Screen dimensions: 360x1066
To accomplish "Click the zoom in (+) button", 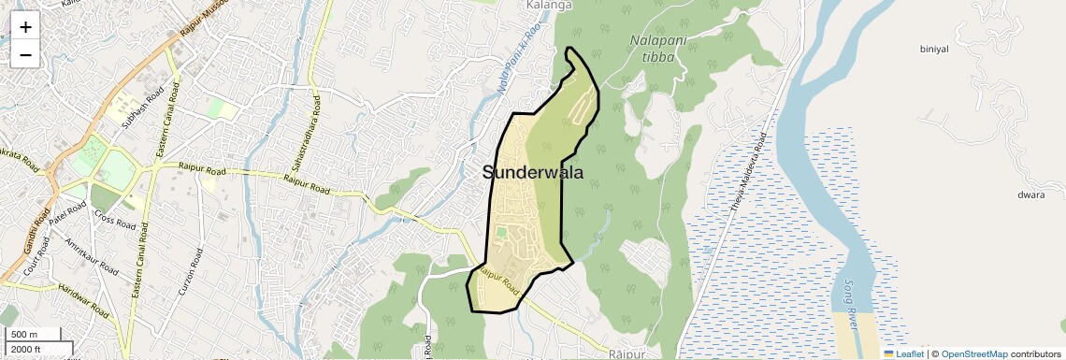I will point(25,27).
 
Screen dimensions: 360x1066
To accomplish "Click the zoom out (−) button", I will point(25,54).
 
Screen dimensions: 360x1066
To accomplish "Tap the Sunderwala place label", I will point(533,173).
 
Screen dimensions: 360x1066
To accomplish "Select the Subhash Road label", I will point(141,111).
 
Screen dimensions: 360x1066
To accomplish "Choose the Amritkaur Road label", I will point(92,257).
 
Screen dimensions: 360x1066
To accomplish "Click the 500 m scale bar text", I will point(23,335).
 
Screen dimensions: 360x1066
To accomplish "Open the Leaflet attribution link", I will point(904,353).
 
